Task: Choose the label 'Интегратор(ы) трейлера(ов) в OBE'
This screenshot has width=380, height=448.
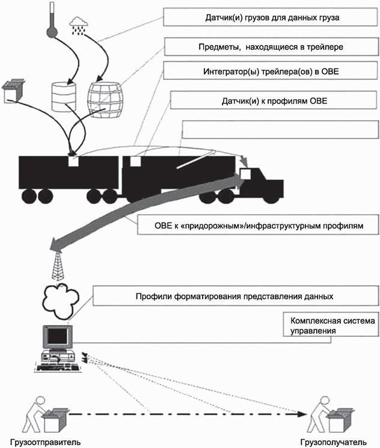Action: coord(269,73)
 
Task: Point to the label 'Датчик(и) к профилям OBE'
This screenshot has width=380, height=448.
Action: coord(268,100)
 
